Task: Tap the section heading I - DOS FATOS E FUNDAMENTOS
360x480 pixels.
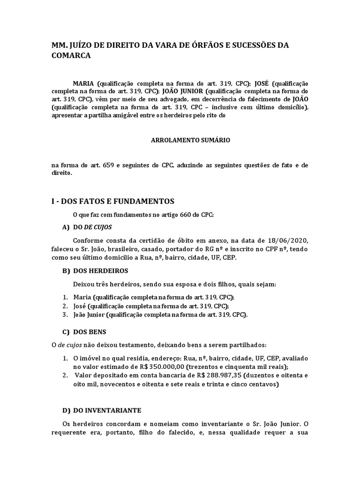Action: point(112,201)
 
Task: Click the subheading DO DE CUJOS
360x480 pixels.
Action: point(92,227)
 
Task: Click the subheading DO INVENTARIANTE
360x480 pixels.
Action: point(107,410)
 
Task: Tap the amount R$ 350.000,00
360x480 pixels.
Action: point(153,367)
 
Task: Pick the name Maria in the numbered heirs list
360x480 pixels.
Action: point(82,297)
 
